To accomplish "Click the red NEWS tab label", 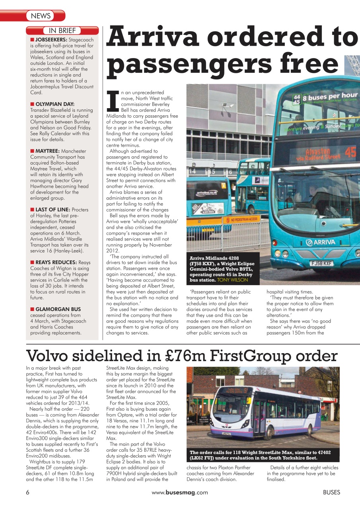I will [41, 16].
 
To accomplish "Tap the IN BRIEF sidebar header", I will [62, 31].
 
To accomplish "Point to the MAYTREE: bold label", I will [47, 151].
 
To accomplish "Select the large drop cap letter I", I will [113, 99].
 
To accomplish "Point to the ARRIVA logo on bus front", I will [320, 242].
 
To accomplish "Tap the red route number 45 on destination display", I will [350, 152].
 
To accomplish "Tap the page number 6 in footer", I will [28, 492].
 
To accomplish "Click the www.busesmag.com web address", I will [180, 492].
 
